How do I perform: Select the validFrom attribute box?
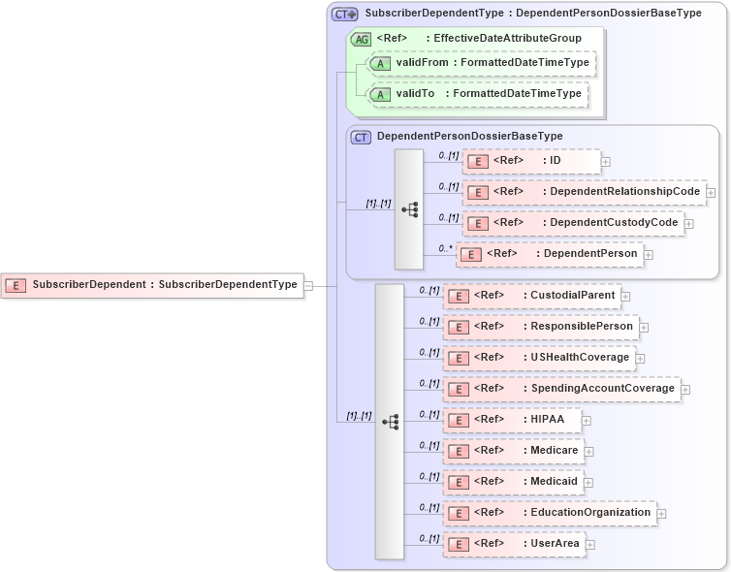(481, 63)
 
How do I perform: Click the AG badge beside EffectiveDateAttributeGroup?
(361, 39)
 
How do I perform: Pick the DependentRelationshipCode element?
(584, 192)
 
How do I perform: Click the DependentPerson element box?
(550, 254)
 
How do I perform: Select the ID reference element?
(531, 161)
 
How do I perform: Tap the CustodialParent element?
(531, 296)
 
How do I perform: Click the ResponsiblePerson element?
(541, 327)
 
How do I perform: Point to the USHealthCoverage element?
(539, 358)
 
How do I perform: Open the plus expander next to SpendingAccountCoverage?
(685, 390)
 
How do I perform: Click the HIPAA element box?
(512, 420)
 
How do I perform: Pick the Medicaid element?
(513, 482)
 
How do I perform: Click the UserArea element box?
(514, 544)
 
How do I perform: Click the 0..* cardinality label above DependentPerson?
(446, 248)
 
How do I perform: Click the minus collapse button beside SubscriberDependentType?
(308, 285)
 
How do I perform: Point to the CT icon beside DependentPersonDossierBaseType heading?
(361, 138)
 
